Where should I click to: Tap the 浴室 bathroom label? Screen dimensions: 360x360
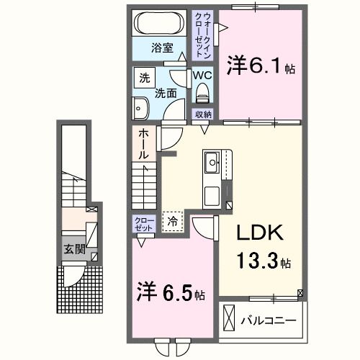(161, 48)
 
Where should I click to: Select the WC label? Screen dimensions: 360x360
(201, 75)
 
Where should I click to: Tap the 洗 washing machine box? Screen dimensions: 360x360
(144, 78)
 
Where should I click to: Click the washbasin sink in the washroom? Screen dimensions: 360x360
(141, 108)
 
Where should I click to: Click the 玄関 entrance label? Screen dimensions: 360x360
(74, 250)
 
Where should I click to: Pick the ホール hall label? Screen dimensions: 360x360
(143, 144)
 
